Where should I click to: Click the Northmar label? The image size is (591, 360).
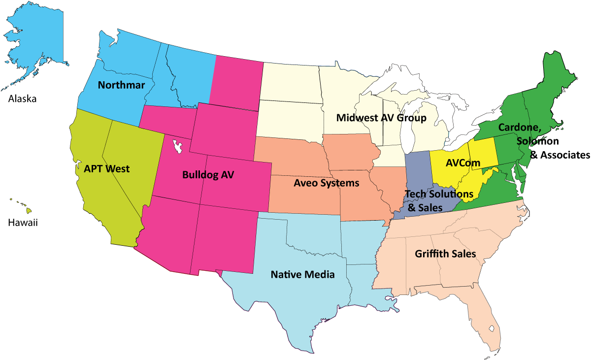click(121, 85)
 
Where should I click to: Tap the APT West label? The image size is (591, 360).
click(106, 169)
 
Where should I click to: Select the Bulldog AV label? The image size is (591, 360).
click(208, 174)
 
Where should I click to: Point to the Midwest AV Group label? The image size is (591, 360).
click(381, 118)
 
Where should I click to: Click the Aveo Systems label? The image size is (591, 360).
click(326, 183)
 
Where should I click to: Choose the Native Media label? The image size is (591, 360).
click(302, 274)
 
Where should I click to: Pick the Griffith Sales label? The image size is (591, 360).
click(445, 254)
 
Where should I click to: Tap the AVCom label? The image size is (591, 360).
click(462, 163)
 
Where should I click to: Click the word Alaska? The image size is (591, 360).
click(22, 99)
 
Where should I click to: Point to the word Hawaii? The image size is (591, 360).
click(23, 223)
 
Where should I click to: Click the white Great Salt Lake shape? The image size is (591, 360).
click(178, 146)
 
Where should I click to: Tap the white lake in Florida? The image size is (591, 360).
click(491, 327)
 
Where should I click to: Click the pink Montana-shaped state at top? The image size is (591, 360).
click(236, 81)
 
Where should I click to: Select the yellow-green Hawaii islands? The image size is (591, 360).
click(29, 210)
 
